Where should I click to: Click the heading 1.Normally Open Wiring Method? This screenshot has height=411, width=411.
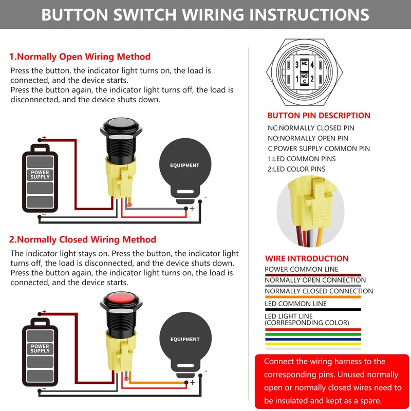[x=80, y=57]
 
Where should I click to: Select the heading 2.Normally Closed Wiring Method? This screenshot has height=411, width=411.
[x=83, y=239]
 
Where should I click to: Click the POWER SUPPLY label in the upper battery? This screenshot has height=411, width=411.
[x=40, y=175]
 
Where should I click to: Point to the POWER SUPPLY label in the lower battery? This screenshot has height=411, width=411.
[x=40, y=349]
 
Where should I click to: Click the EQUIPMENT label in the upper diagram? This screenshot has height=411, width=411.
[x=184, y=165]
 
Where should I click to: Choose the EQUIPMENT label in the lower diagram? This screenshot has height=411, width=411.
[x=184, y=339]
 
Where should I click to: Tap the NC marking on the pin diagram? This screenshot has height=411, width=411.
[x=304, y=63]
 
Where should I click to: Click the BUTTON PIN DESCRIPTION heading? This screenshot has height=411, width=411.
[x=319, y=116]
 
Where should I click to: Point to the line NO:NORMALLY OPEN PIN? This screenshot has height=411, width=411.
[x=308, y=138]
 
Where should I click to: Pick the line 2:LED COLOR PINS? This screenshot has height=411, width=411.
[x=296, y=169]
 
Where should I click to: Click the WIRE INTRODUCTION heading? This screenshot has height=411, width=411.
[x=307, y=258]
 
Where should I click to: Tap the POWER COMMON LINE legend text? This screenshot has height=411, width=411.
[x=301, y=269]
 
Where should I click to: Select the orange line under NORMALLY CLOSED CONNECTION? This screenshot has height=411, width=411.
[x=313, y=297]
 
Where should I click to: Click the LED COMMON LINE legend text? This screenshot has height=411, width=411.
[x=295, y=304]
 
